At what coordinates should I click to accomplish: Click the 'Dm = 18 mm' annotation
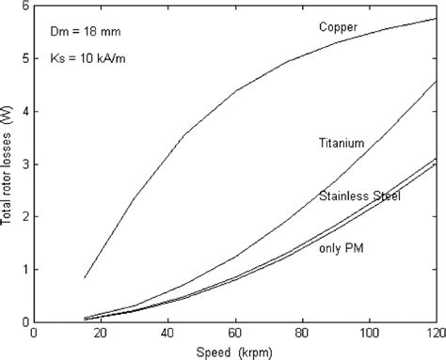pos(81,30)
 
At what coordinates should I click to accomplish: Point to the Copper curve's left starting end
pos(85,278)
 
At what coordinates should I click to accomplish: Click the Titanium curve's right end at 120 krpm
pos(435,81)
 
